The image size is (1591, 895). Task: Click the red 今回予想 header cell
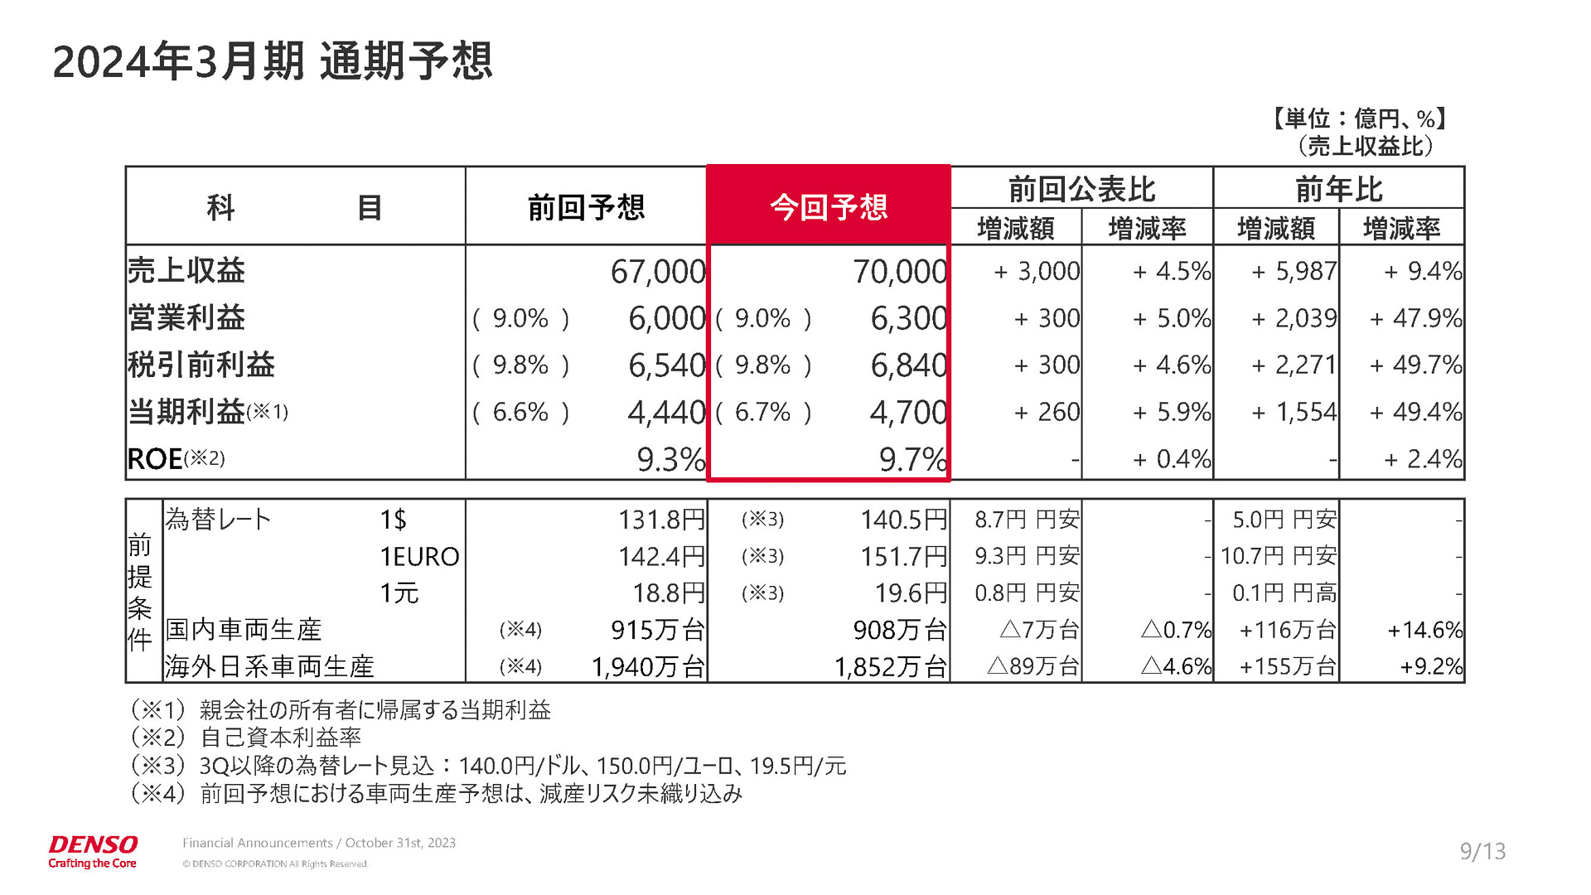pyautogui.click(x=828, y=206)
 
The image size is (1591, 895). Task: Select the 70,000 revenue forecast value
pyautogui.click(x=899, y=272)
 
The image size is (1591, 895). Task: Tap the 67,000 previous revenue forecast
pyautogui.click(x=657, y=272)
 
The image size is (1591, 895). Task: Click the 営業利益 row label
pyautogui.click(x=186, y=317)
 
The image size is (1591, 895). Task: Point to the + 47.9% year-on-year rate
pyautogui.click(x=1415, y=318)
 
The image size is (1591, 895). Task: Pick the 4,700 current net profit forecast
pyautogui.click(x=907, y=412)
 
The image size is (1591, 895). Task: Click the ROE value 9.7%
pyautogui.click(x=912, y=459)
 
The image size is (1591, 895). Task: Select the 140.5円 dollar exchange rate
pyautogui.click(x=903, y=520)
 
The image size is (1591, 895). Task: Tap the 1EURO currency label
pyautogui.click(x=419, y=557)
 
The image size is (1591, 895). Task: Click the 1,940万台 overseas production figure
pyautogui.click(x=648, y=666)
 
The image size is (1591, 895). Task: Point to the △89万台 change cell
pyautogui.click(x=1032, y=666)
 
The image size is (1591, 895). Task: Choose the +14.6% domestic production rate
pyautogui.click(x=1424, y=630)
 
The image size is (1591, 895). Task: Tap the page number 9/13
pyautogui.click(x=1482, y=851)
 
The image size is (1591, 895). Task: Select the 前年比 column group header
pyautogui.click(x=1338, y=189)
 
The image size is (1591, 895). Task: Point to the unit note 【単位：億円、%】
pyautogui.click(x=1359, y=119)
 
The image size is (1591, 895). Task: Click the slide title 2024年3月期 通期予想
pyautogui.click(x=273, y=61)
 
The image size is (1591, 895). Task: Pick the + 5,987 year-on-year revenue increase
pyautogui.click(x=1294, y=272)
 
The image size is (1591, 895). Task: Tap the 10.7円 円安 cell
pyautogui.click(x=1278, y=556)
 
